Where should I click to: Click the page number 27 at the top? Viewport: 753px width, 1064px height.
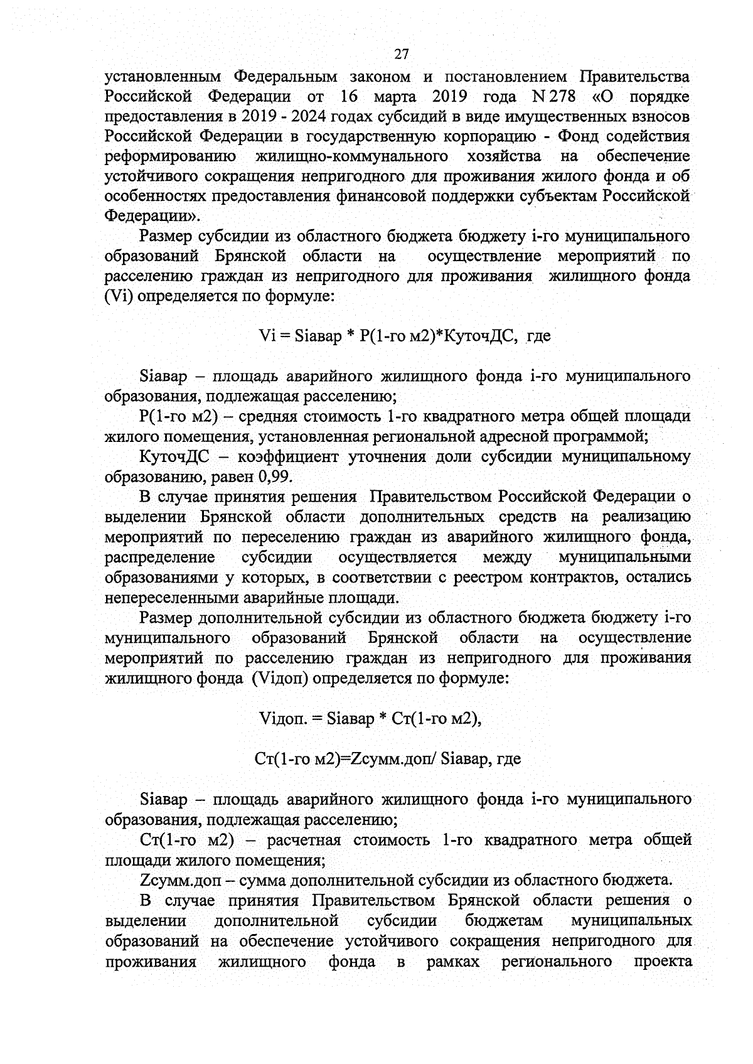(402, 54)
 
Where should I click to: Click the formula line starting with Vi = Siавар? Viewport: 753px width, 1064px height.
(404, 336)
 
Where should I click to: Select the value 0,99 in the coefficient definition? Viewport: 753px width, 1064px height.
(275, 476)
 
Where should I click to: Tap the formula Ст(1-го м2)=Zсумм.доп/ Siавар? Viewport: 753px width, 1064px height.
(388, 759)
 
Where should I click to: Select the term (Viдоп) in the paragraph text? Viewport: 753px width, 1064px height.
(280, 678)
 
